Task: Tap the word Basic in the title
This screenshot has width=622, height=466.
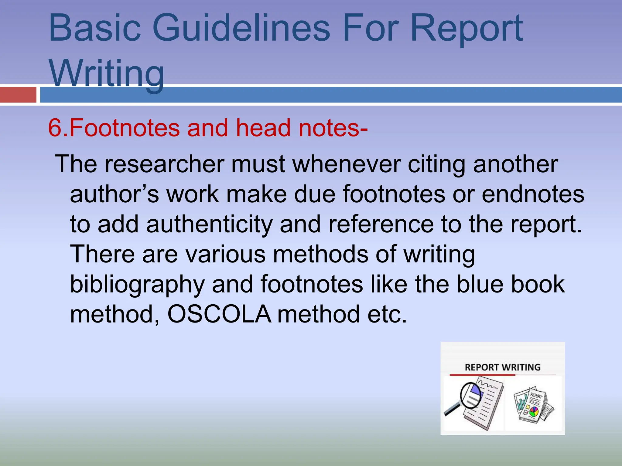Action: click(95, 29)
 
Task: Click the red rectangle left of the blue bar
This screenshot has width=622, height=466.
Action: click(18, 95)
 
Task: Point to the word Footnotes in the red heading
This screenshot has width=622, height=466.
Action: click(125, 128)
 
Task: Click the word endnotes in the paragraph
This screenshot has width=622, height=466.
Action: click(533, 194)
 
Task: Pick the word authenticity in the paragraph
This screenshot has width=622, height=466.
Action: click(210, 225)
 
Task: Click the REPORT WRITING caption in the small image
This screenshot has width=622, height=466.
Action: click(503, 367)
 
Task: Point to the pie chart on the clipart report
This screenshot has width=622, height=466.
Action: click(534, 412)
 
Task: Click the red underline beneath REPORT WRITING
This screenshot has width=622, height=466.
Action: click(482, 375)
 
